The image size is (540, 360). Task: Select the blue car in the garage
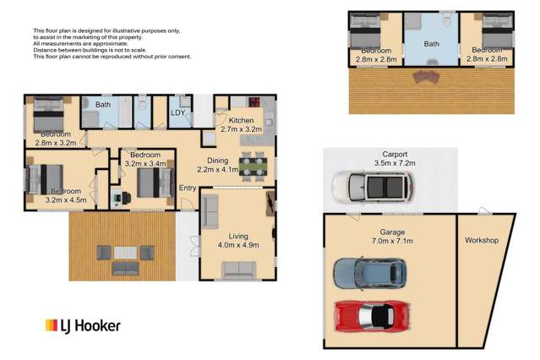coord(369,272)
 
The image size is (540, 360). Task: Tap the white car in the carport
coord(372,186)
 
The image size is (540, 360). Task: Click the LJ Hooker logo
coord(82,325)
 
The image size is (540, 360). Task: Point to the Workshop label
coord(482,241)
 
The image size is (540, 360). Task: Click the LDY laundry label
coord(178,112)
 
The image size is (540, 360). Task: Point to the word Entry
coord(187,188)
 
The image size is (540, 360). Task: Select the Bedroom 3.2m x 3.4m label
coord(145,160)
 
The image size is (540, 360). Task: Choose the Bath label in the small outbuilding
coord(431,44)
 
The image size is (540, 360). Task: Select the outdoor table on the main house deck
coord(125,254)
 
